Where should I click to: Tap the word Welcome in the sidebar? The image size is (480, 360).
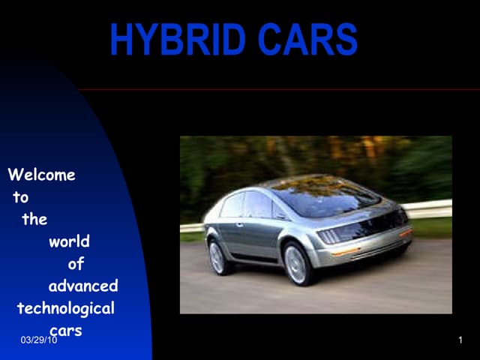pos(41,175)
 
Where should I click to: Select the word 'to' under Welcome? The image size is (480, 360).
pos(20,198)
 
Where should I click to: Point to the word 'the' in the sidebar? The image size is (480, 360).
pos(34,220)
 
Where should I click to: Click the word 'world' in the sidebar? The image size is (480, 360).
pos(69,241)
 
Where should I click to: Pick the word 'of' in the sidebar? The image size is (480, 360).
pos(76,264)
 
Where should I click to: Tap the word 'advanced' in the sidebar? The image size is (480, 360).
pos(83,286)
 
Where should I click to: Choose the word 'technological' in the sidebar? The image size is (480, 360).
pos(66,308)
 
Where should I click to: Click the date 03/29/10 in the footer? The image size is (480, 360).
pos(40,340)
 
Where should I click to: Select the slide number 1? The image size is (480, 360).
pos(460,340)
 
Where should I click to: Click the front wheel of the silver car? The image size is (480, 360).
pos(298,263)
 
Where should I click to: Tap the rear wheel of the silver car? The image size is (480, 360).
pos(218,257)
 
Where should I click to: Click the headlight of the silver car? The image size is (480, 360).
pos(330,235)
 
